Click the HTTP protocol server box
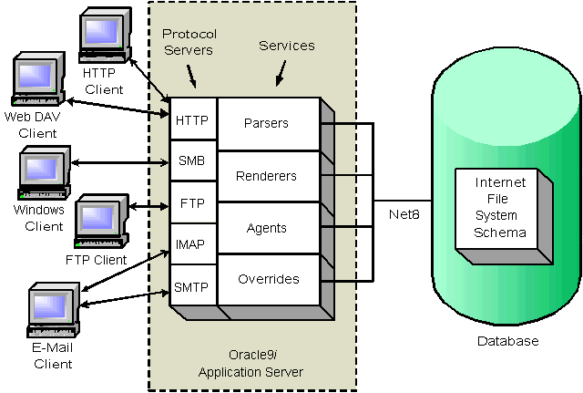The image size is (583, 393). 191,119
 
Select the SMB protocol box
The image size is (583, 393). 191,161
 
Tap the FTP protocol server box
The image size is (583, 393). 191,202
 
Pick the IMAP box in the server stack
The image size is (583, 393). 191,244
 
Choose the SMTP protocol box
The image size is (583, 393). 191,287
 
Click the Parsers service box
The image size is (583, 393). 266,124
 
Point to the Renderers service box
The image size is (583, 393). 266,175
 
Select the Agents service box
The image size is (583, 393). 266,228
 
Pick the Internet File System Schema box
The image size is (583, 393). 500,208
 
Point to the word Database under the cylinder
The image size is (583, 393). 507,341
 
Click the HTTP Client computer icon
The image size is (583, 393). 103,35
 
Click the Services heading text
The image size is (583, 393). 287,45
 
